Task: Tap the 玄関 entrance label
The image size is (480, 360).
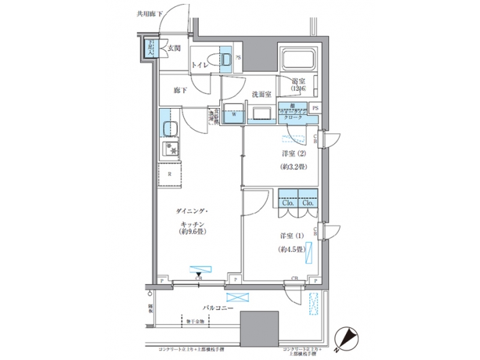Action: click(173, 47)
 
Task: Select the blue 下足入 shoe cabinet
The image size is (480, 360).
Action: click(152, 49)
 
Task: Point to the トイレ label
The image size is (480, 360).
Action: click(199, 65)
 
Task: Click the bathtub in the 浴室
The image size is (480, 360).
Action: click(298, 61)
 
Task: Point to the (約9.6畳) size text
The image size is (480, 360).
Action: click(195, 232)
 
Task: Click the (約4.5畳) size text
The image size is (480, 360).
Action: click(291, 249)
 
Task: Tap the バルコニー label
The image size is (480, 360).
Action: click(218, 309)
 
